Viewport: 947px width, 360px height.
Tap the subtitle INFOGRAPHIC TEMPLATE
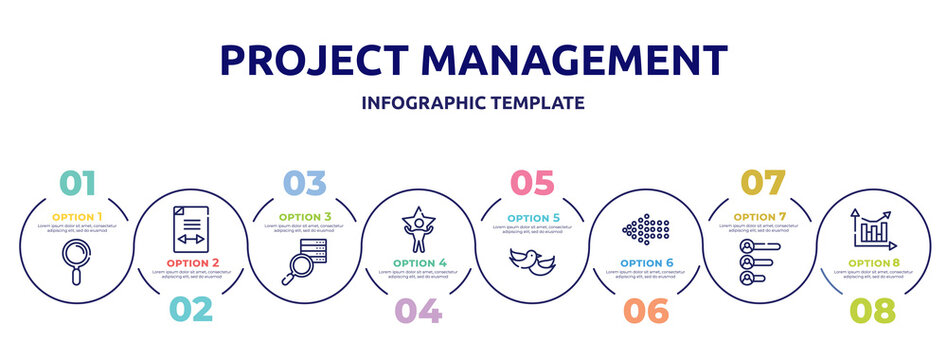click(x=473, y=103)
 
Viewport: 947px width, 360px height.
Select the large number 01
click(x=78, y=183)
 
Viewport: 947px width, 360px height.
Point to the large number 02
click(x=190, y=310)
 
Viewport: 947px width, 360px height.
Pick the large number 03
click(x=304, y=183)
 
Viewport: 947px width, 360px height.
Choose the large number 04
click(x=418, y=310)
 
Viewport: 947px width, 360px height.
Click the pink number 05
click(x=532, y=183)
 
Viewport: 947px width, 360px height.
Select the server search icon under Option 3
click(x=304, y=261)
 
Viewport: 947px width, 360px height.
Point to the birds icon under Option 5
click(x=532, y=261)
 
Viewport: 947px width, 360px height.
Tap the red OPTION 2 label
click(x=190, y=264)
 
